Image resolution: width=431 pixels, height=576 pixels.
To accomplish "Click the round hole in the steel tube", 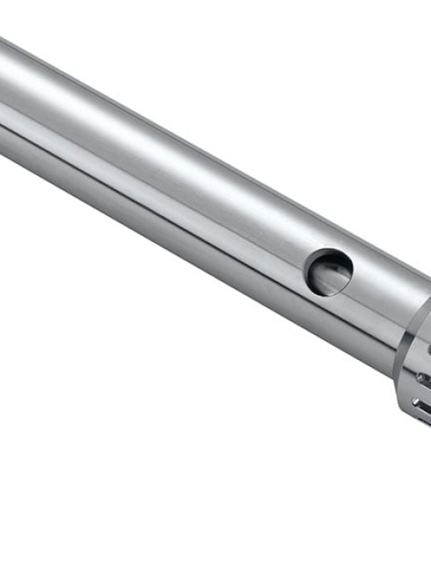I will coord(328,271).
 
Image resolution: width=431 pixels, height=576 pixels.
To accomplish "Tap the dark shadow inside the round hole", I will coord(321,266).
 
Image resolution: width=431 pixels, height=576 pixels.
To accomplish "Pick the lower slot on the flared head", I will coord(422,405).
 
